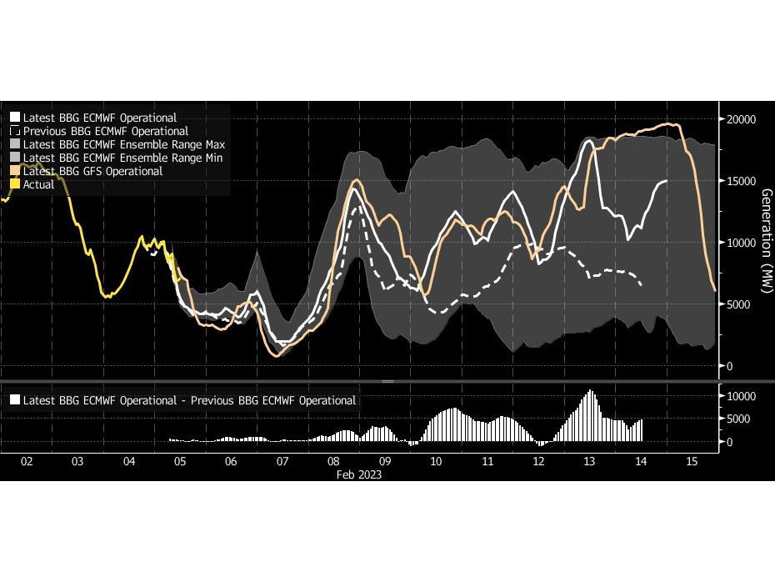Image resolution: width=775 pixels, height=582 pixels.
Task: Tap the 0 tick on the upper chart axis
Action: pos(731,366)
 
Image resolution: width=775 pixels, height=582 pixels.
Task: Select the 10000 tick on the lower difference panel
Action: pos(742,396)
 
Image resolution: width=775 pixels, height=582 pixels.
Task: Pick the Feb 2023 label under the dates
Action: pos(359,474)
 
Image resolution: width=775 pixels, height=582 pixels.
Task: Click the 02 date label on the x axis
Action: pos(27,460)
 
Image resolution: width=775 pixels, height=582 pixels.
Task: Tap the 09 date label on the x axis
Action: pos(385,460)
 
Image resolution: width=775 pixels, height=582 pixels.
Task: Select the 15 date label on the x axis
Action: pos(691,460)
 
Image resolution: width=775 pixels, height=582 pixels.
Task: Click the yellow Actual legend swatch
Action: pos(15,184)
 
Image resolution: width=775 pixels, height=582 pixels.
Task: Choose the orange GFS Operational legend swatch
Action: pos(15,171)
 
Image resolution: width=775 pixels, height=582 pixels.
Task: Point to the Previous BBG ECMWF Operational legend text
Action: pos(105,131)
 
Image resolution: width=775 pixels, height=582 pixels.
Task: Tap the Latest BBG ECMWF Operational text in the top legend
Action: pos(99,118)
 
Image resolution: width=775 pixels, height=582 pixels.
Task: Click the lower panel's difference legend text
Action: pos(189,400)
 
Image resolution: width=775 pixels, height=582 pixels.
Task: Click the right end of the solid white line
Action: pos(667,181)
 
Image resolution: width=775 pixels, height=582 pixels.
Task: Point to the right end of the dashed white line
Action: pos(642,285)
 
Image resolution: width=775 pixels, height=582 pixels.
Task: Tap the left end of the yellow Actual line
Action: pos(2,199)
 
